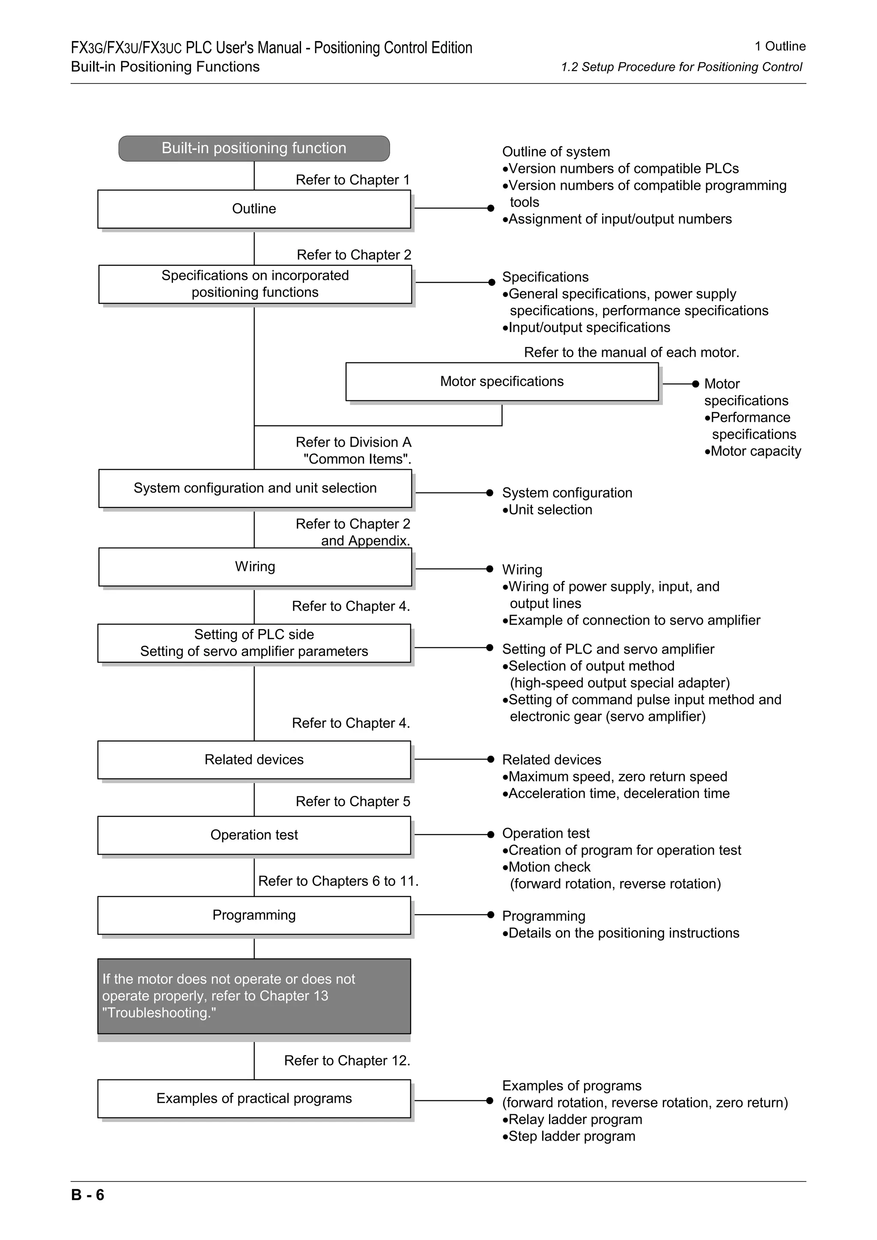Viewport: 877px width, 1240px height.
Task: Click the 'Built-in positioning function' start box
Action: [x=254, y=148]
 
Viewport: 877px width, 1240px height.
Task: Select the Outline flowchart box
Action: [x=254, y=209]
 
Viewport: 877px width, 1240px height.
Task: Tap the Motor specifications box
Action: [x=501, y=382]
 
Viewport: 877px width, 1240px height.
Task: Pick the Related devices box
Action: [x=254, y=760]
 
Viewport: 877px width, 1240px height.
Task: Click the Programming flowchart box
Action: [x=254, y=915]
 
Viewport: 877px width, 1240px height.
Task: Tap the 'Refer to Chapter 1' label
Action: [x=352, y=180]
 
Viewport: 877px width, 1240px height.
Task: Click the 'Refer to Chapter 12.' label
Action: [x=347, y=1061]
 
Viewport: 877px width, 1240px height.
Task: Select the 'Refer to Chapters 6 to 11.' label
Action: [x=338, y=881]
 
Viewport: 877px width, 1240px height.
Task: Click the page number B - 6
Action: [x=87, y=1195]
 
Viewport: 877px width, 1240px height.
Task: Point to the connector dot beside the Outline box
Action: [x=491, y=208]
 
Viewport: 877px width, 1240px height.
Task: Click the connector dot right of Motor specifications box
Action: [x=695, y=383]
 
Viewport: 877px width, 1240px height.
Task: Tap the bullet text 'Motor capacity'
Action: [x=755, y=451]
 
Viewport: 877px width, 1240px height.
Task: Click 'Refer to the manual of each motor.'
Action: [x=631, y=353]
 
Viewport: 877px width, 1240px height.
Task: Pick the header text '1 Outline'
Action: [x=780, y=47]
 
